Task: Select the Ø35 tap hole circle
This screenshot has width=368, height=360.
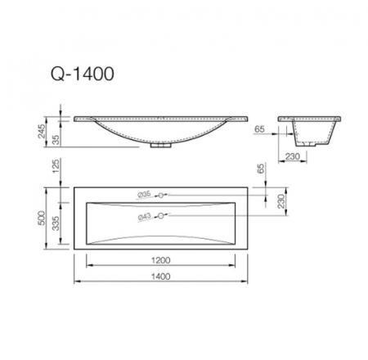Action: (x=162, y=195)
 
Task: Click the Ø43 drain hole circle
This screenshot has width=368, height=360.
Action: (x=162, y=215)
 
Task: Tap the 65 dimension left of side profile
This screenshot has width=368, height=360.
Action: (x=260, y=129)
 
